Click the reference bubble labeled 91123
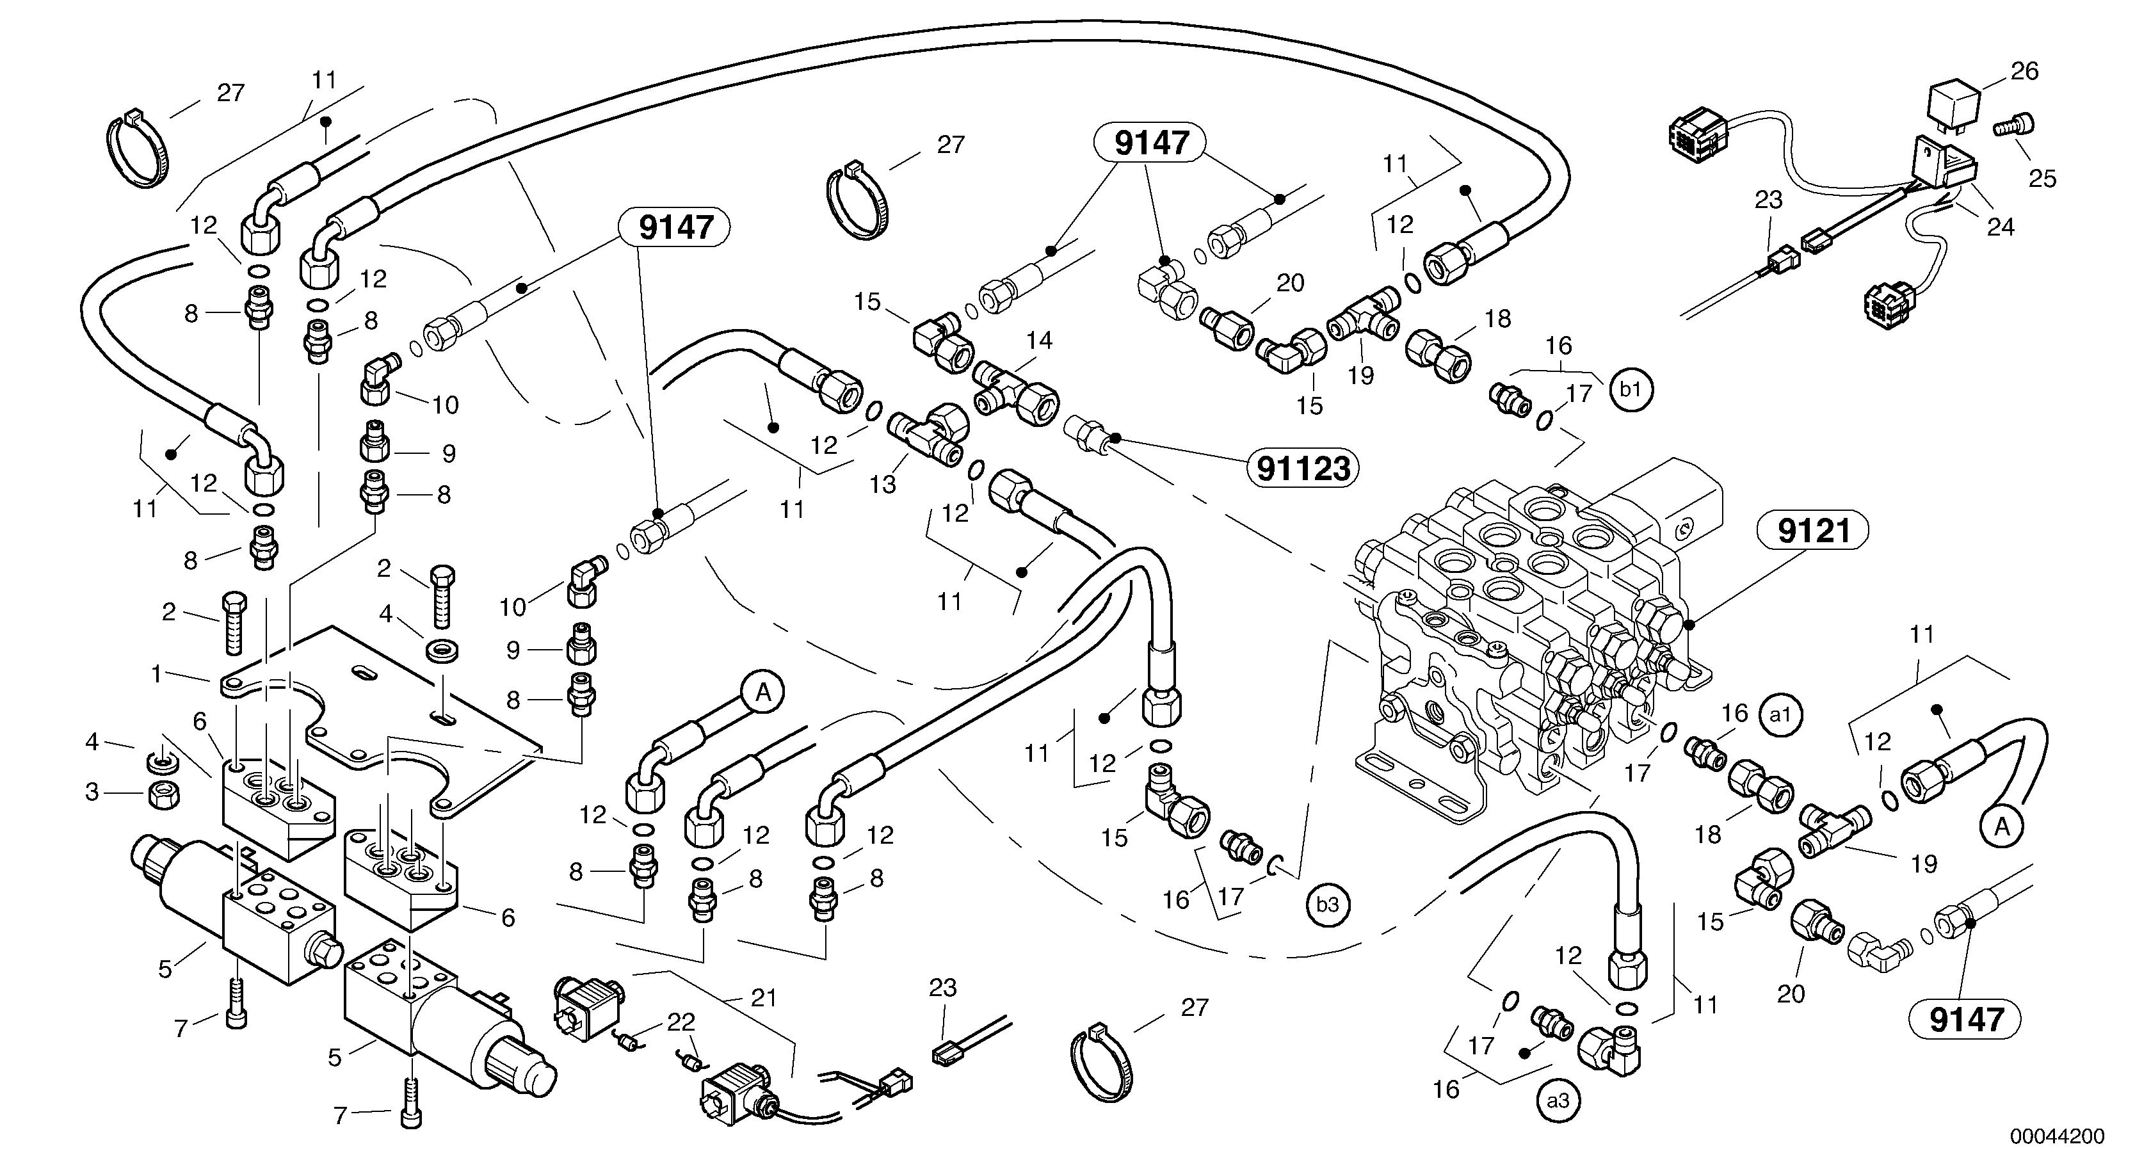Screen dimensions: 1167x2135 coord(1303,469)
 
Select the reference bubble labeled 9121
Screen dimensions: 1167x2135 coord(1814,531)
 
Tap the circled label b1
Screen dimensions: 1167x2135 coord(1631,390)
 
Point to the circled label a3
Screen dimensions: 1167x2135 coord(1558,1100)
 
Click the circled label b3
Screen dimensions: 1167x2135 coord(1328,905)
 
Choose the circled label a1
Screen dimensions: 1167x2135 coord(1780,714)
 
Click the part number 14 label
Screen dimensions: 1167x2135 coord(1038,340)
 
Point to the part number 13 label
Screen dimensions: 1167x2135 coord(882,484)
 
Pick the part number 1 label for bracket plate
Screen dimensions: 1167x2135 coord(156,675)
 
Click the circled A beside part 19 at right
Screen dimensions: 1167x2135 coord(2002,826)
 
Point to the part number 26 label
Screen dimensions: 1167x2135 coord(2024,71)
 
